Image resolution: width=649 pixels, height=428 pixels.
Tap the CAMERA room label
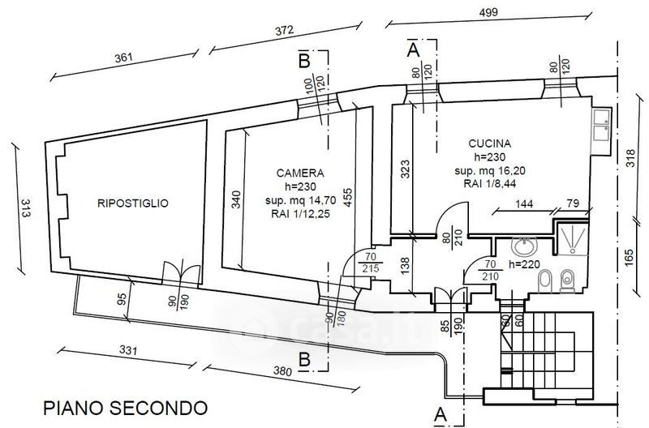[300, 173]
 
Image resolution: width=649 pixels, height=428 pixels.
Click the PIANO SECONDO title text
[125, 406]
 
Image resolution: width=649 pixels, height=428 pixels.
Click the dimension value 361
[123, 58]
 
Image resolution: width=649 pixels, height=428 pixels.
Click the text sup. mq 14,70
[300, 201]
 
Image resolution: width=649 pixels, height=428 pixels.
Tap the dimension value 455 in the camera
[348, 199]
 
